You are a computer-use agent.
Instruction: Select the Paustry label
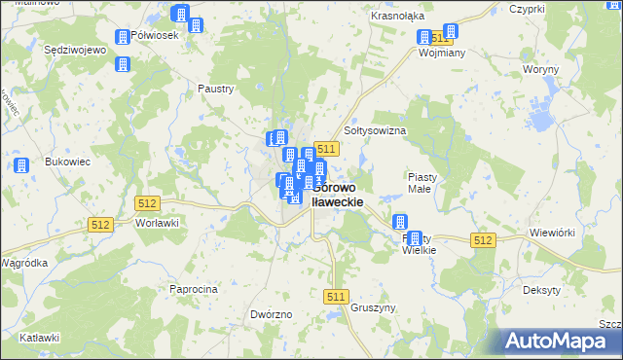pos(216,89)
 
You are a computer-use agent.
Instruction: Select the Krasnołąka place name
pos(395,17)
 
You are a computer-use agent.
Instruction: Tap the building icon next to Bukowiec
pos(22,165)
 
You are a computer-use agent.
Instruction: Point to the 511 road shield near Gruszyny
pos(337,297)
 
